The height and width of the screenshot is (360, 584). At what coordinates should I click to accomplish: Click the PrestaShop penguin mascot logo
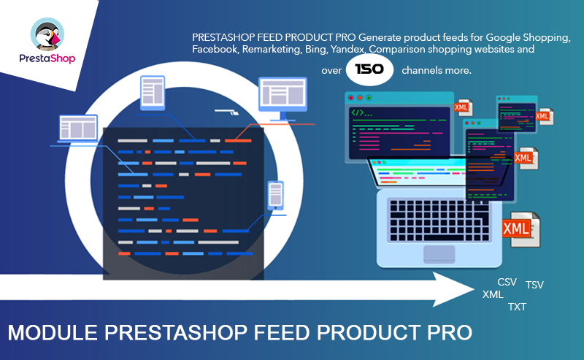(47, 34)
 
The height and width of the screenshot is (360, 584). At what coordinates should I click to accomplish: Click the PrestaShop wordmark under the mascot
(47, 58)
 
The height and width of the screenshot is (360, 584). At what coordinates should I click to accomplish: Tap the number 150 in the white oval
(369, 69)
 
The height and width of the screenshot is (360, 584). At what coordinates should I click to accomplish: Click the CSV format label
(507, 282)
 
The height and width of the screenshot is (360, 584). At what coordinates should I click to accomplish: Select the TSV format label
(534, 285)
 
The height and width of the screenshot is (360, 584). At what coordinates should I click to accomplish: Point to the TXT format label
(518, 307)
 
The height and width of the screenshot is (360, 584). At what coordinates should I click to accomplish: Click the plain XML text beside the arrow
(493, 294)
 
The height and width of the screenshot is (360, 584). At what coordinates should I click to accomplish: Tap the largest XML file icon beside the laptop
(521, 229)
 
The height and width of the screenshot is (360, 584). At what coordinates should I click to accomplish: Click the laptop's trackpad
(439, 254)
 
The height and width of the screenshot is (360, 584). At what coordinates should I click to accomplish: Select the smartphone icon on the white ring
(276, 195)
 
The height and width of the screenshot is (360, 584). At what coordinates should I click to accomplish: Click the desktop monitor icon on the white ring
(283, 99)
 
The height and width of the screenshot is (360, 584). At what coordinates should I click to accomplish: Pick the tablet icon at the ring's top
(153, 93)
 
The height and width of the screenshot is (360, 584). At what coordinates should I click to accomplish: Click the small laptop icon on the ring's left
(78, 129)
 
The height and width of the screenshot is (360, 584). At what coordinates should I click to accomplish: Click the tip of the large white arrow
(474, 289)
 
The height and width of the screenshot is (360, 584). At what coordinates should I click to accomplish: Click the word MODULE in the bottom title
(52, 332)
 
